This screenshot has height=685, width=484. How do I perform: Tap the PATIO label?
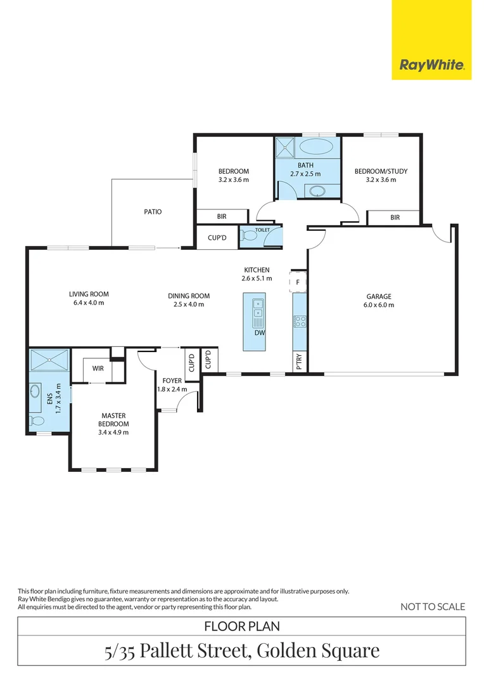pyautogui.click(x=153, y=212)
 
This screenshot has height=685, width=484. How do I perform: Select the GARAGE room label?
pyautogui.click(x=379, y=297)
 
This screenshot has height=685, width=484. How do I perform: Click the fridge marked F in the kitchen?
pyautogui.click(x=298, y=282)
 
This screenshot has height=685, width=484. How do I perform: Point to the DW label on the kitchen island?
pyautogui.click(x=260, y=333)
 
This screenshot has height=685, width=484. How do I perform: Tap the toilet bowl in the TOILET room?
pyautogui.click(x=250, y=236)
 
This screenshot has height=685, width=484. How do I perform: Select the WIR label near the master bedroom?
pyautogui.click(x=98, y=369)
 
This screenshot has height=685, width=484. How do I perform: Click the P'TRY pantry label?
pyautogui.click(x=300, y=362)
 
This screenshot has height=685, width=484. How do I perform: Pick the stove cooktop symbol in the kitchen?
pyautogui.click(x=300, y=322)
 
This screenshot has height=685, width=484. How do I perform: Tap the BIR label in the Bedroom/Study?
pyautogui.click(x=395, y=217)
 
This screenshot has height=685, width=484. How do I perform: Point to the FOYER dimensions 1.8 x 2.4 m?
pyautogui.click(x=172, y=389)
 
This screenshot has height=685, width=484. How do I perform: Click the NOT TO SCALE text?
pyautogui.click(x=433, y=606)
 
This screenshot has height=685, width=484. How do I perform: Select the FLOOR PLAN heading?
pyautogui.click(x=242, y=627)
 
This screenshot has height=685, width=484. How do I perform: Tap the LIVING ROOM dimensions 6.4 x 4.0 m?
pyautogui.click(x=89, y=303)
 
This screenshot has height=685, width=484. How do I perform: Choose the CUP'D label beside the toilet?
pyautogui.click(x=217, y=238)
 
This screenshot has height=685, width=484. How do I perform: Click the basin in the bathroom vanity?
pyautogui.click(x=317, y=191)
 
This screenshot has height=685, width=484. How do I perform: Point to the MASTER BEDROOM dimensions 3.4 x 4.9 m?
pyautogui.click(x=113, y=433)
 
